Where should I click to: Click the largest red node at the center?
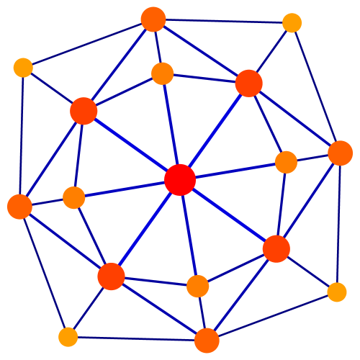pyautogui.click(x=180, y=179)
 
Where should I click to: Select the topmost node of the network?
pyautogui.click(x=153, y=19)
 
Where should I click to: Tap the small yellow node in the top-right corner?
pyautogui.click(x=292, y=23)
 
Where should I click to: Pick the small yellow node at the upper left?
pyautogui.click(x=23, y=68)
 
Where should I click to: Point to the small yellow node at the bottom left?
pyautogui.click(x=68, y=336)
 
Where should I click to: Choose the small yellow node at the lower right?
pyautogui.click(x=337, y=292)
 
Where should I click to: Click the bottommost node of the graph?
pyautogui.click(x=207, y=341)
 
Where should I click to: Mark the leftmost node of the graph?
pyautogui.click(x=19, y=207)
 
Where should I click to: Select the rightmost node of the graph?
pyautogui.click(x=340, y=153)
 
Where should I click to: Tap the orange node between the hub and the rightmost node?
pyautogui.click(x=286, y=162)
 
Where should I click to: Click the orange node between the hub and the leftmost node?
pyautogui.click(x=74, y=197)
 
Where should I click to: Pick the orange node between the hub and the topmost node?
pyautogui.click(x=163, y=73)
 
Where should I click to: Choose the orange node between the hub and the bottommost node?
pyautogui.click(x=198, y=286)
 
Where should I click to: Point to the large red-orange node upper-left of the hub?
pyautogui.click(x=84, y=111)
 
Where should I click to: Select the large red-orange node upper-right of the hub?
pyautogui.click(x=248, y=84)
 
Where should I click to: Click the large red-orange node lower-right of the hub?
pyautogui.click(x=276, y=248)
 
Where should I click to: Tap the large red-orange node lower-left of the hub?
pyautogui.click(x=111, y=276)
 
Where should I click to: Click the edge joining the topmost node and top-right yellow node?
pyautogui.click(x=222, y=22)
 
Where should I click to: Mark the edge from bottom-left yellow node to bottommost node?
pyautogui.click(x=137, y=338)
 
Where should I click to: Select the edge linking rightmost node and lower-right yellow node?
pyautogui.click(x=338, y=223)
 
